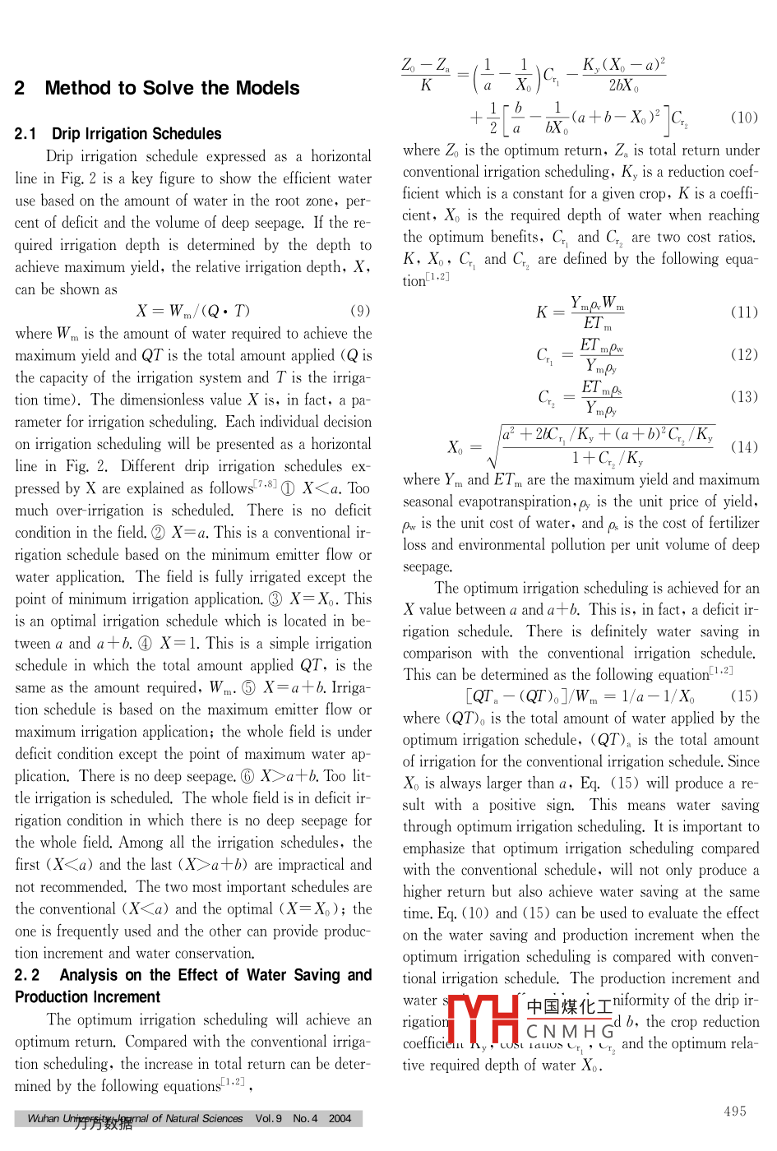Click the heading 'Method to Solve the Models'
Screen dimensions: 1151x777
click(172, 88)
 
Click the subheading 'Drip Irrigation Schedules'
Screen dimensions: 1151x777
click(136, 134)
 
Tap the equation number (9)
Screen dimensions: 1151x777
click(360, 311)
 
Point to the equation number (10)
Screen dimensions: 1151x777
click(744, 118)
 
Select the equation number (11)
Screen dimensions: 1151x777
click(744, 312)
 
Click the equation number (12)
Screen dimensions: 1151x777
click(744, 354)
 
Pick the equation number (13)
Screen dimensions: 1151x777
click(744, 396)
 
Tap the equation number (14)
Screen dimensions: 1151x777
click(744, 447)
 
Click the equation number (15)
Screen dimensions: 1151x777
click(744, 696)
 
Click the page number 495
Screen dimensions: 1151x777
click(735, 1112)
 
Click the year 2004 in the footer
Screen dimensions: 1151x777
click(340, 1119)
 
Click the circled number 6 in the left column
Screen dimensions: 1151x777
click(247, 776)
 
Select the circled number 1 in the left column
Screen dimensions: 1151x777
click(288, 488)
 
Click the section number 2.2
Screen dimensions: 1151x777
click(27, 975)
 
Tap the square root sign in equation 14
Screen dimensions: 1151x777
click(493, 448)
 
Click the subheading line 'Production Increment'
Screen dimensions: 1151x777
click(88, 997)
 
